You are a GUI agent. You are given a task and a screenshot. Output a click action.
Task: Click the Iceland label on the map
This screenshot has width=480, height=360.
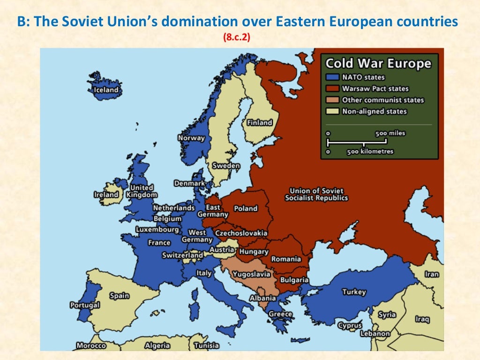click(x=106, y=90)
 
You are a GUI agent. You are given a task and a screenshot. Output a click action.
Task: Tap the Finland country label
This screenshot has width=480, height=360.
click(x=260, y=122)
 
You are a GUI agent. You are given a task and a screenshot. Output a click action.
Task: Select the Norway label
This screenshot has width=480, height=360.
click(x=191, y=138)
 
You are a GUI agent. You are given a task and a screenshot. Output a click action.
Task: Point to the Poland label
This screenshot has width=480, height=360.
click(x=246, y=208)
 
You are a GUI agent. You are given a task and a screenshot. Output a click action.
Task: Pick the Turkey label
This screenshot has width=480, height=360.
click(x=354, y=292)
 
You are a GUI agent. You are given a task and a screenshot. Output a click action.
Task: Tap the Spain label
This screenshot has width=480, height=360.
click(x=119, y=296)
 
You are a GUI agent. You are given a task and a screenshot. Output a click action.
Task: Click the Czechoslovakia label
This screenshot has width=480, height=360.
click(x=241, y=233)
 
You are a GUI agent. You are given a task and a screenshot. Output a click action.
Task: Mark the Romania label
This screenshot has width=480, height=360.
click(x=286, y=259)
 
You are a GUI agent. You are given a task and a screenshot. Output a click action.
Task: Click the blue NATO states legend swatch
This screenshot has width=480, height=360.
click(x=332, y=77)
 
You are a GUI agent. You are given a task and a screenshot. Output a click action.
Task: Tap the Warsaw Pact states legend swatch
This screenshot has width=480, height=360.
click(x=332, y=89)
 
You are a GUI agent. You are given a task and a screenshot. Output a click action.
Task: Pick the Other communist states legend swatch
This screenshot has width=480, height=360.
click(x=332, y=100)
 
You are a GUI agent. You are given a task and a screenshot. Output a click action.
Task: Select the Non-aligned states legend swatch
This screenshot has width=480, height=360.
click(x=332, y=111)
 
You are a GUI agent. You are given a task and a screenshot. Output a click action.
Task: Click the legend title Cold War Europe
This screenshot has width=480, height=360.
click(x=378, y=63)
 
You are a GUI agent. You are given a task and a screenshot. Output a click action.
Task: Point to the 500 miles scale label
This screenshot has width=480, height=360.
click(x=390, y=133)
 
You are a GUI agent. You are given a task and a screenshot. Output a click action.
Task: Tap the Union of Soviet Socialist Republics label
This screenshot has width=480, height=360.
click(x=316, y=194)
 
